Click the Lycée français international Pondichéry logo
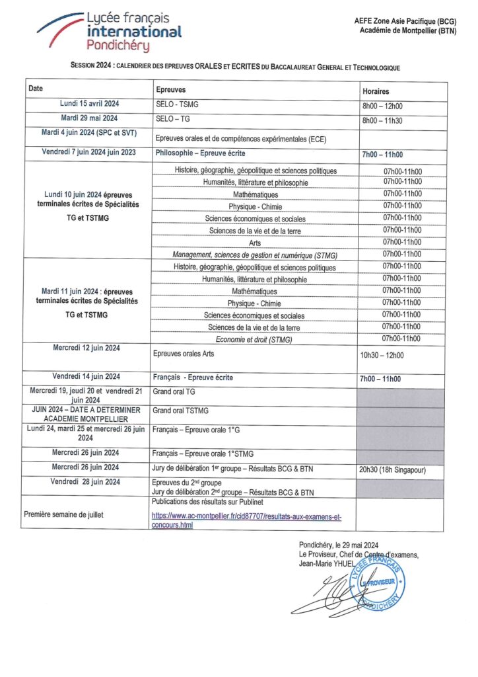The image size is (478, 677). (109, 31)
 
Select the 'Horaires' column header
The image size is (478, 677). (376, 91)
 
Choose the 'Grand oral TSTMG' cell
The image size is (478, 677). (180, 411)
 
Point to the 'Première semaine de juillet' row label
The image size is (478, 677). (65, 514)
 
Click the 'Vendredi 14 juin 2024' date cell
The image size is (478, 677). (86, 377)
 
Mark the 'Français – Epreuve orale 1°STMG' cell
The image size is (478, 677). (202, 454)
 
